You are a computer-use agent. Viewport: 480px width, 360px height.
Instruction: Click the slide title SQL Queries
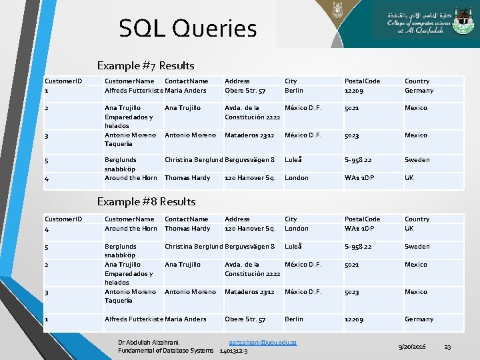click(187, 29)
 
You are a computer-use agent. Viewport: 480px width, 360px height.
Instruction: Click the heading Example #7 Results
click(145, 65)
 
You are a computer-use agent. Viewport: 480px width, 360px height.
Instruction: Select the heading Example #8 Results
click(146, 201)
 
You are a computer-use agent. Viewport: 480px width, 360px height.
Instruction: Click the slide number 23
click(447, 347)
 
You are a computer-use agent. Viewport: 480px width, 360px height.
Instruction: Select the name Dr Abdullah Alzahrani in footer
click(149, 342)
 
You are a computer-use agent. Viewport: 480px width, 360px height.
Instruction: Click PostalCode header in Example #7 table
click(362, 81)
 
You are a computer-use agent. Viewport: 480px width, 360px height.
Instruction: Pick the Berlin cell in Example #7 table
click(293, 91)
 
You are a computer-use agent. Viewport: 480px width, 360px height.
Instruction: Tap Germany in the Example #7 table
click(419, 91)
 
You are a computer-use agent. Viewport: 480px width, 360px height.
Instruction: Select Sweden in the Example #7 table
click(417, 160)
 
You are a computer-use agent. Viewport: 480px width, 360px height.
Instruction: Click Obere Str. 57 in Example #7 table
click(245, 91)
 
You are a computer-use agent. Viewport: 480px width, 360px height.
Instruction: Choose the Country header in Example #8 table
click(417, 219)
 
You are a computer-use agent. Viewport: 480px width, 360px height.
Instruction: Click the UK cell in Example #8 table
click(409, 229)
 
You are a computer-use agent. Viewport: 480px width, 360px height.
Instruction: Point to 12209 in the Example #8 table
click(355, 319)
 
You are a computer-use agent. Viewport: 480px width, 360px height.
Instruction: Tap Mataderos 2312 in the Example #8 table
click(249, 292)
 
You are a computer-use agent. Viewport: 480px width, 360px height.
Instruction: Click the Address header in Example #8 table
click(237, 219)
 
